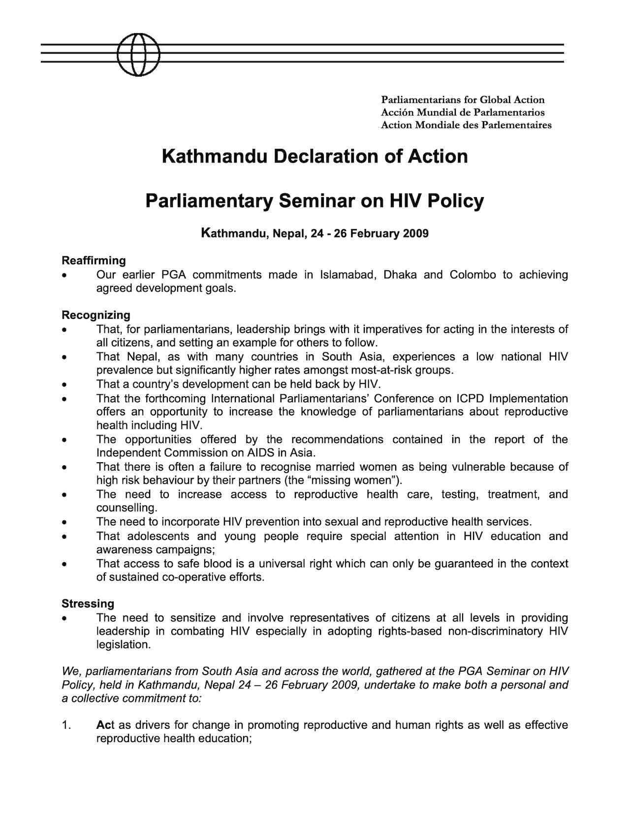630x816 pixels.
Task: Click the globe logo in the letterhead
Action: tap(139, 54)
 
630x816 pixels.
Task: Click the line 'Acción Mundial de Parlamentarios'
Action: tap(463, 112)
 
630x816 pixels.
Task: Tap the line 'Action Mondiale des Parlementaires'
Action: tap(466, 125)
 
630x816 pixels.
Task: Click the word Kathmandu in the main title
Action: tap(215, 157)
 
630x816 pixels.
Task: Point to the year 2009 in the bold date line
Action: tap(415, 233)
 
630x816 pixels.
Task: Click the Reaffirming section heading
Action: tap(94, 260)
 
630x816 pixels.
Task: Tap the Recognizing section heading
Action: tap(95, 315)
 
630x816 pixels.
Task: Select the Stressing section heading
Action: tap(88, 604)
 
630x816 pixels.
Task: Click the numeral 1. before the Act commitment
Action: tap(67, 725)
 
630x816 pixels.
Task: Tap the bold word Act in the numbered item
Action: tap(105, 725)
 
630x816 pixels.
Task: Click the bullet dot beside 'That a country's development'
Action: tap(64, 384)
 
